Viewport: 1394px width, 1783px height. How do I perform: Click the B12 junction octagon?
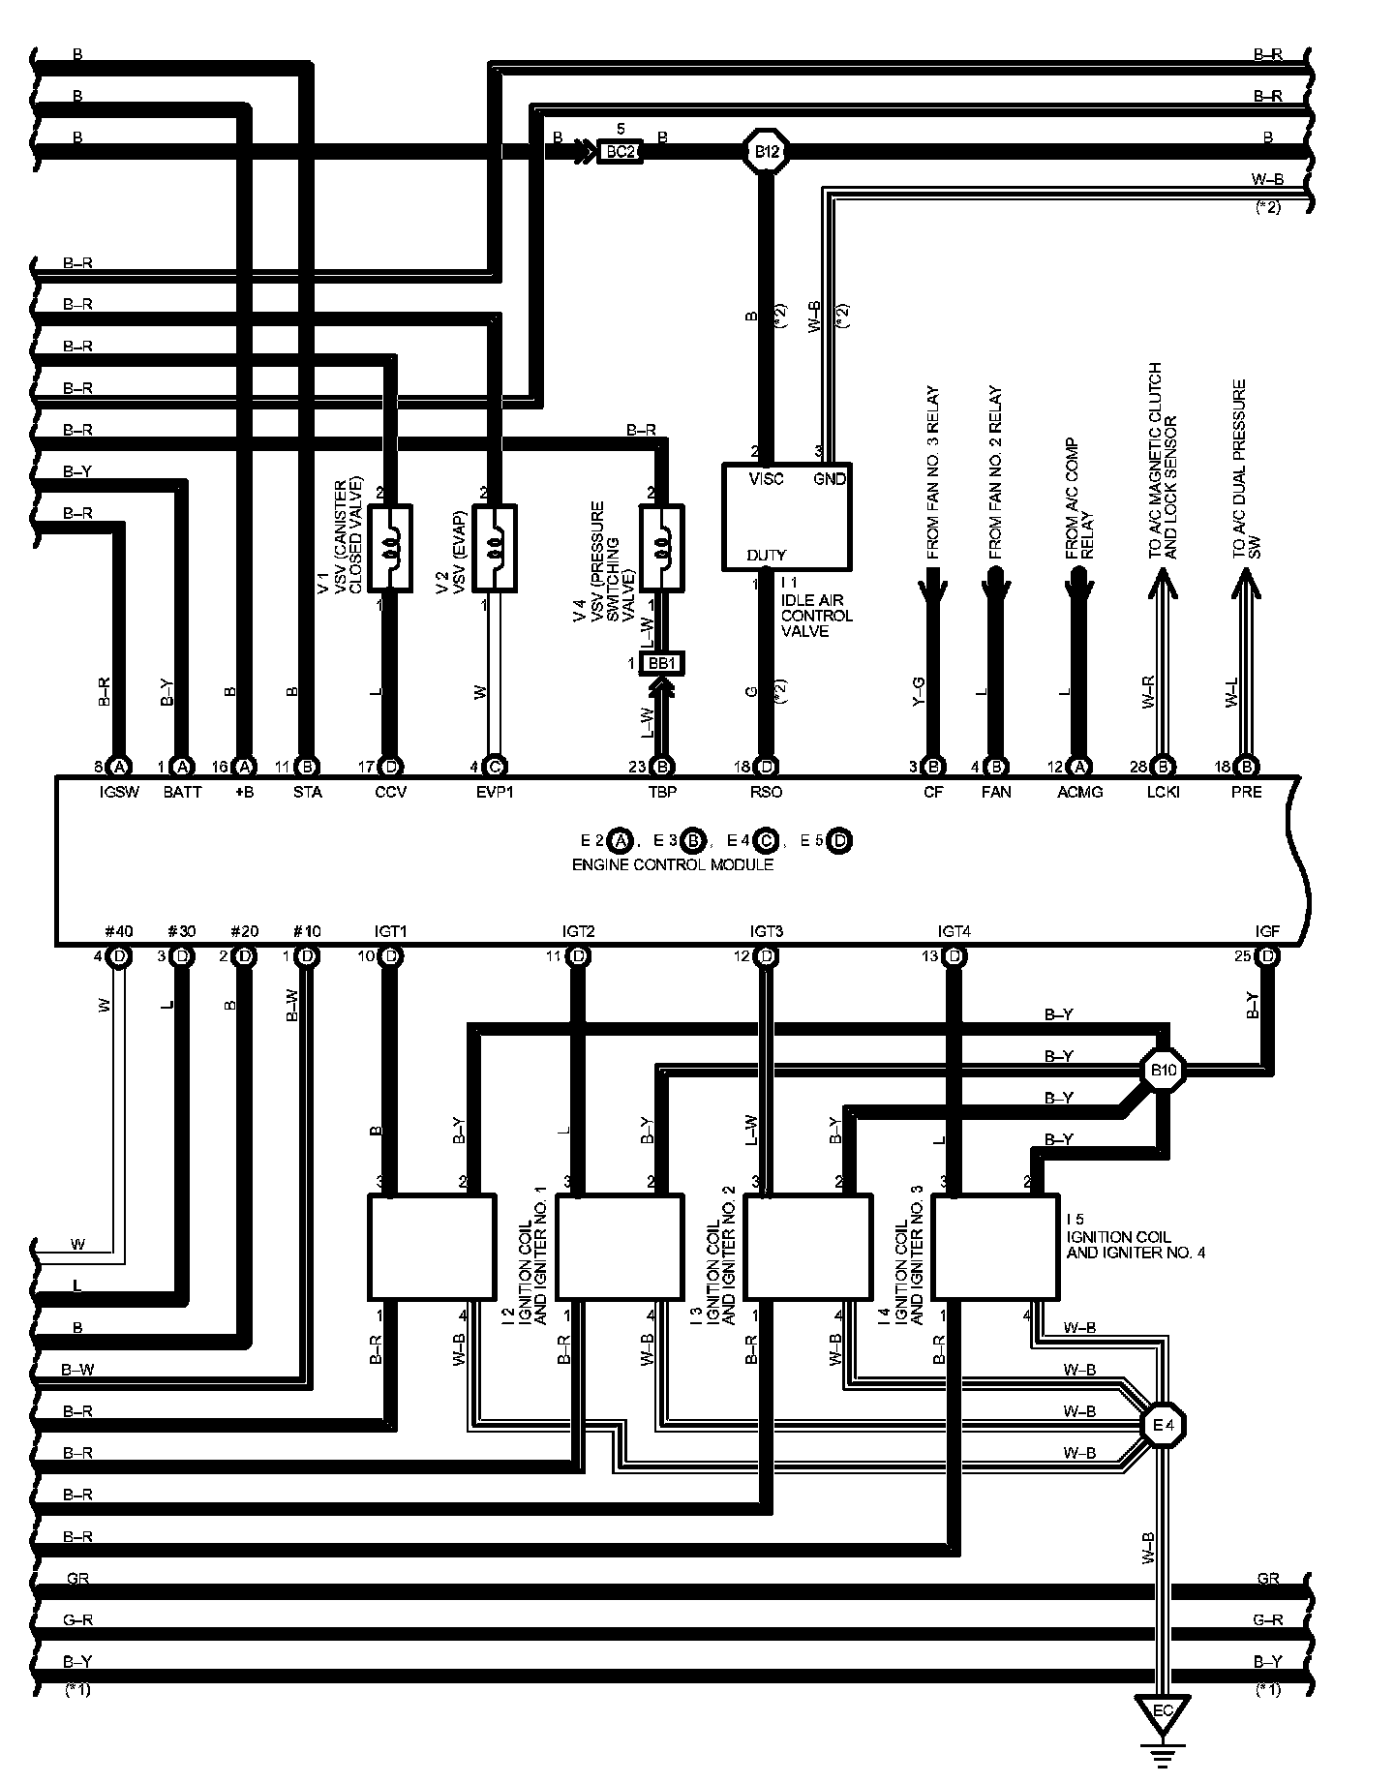[766, 151]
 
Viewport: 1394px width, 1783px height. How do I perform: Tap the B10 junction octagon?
[1163, 1071]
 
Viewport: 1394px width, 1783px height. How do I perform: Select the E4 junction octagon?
[1163, 1424]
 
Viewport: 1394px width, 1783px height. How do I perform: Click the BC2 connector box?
[620, 151]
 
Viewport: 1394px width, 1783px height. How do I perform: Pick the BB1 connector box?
[662, 663]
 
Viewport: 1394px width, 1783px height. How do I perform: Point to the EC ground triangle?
[1163, 1712]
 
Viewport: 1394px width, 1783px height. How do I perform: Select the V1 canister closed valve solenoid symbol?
[391, 548]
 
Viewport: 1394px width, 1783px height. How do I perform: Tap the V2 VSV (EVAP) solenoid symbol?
[494, 548]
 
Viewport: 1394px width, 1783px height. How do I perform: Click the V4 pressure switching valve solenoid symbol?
[662, 548]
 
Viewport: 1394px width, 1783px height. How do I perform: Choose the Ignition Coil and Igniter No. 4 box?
[995, 1247]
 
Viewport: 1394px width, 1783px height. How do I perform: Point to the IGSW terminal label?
[119, 792]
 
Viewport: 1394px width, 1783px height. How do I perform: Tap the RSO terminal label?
[766, 792]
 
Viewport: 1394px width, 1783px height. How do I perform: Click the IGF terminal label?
[1267, 931]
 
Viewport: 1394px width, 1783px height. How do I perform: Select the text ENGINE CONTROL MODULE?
[673, 864]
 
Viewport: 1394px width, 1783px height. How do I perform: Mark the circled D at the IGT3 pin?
[767, 956]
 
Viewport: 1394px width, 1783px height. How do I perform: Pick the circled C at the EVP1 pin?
[494, 767]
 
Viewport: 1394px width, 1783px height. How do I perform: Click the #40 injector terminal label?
[118, 931]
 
